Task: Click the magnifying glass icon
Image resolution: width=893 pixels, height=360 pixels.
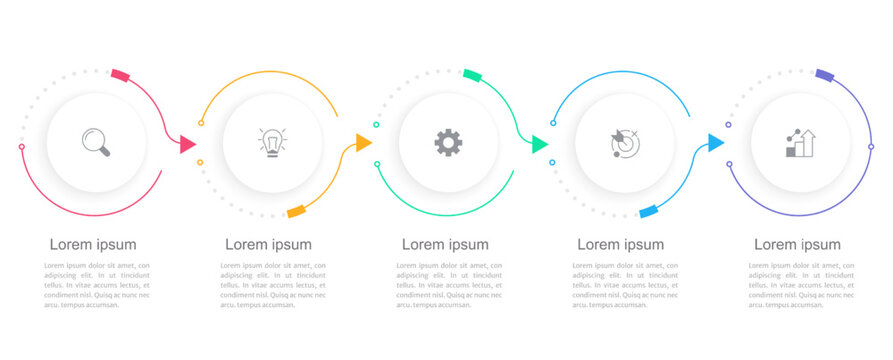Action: coord(96,142)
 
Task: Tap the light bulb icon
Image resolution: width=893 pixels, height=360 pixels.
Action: coord(272,143)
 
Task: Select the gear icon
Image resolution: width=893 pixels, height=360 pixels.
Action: coord(448,142)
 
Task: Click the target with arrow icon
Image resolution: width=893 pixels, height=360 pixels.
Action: coord(625,143)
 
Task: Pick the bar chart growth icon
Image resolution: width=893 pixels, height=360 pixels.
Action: coord(800,143)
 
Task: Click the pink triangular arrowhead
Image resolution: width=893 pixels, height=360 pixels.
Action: coord(187,145)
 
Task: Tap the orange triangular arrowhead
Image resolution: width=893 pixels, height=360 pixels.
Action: coord(363,143)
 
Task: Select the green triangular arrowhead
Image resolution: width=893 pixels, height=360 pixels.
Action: coord(540,144)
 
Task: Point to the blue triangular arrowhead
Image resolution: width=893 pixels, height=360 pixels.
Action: coord(715,143)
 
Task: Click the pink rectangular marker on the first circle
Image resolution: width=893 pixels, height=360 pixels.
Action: coord(120,75)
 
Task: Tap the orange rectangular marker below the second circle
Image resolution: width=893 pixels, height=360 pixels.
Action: coord(296,211)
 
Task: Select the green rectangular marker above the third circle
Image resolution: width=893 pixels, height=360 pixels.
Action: coord(473,75)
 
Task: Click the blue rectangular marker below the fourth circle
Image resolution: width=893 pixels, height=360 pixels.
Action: coord(648,211)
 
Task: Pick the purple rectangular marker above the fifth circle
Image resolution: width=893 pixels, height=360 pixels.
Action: coord(824,75)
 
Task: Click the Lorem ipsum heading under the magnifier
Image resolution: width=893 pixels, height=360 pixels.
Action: coord(93,244)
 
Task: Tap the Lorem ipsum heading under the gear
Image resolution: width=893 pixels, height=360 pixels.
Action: coord(445,244)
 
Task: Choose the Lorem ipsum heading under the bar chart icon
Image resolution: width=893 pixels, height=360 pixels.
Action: coord(797,244)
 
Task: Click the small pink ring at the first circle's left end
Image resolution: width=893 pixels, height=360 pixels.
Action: coord(22,147)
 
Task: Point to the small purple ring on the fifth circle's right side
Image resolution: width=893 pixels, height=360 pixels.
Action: coord(871,147)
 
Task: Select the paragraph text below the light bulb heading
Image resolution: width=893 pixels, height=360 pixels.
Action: coord(272,285)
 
